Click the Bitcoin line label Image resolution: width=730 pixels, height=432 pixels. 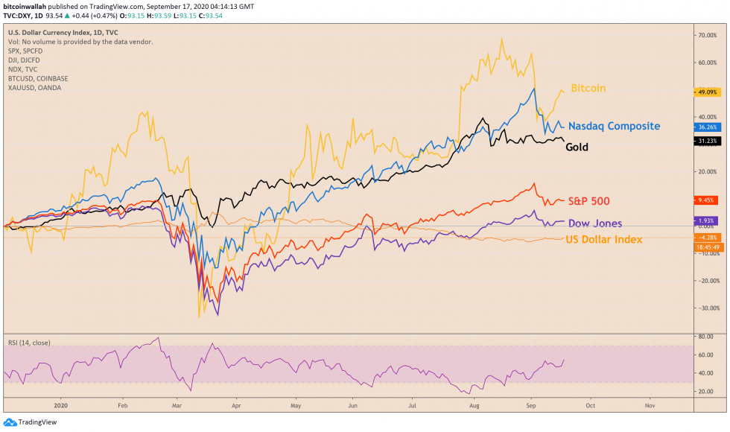tap(588, 89)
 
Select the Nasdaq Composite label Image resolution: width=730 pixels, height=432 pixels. tap(614, 126)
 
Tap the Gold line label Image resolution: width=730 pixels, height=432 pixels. tap(577, 147)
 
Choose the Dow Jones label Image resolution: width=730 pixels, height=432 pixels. tap(594, 223)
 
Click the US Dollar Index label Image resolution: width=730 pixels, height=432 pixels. tap(604, 239)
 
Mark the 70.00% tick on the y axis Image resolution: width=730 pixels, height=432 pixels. tap(705, 35)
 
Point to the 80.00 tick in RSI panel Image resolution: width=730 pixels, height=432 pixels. tap(703, 337)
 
